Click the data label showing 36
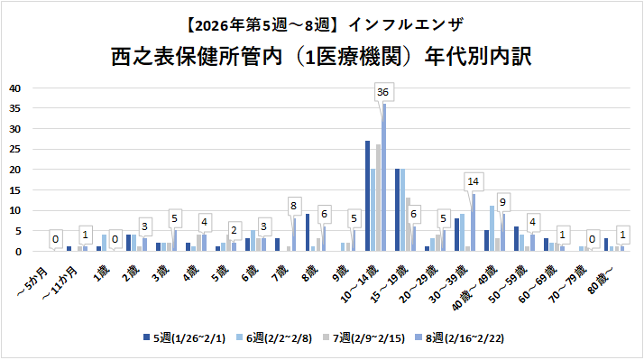382,92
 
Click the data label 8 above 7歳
292,205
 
